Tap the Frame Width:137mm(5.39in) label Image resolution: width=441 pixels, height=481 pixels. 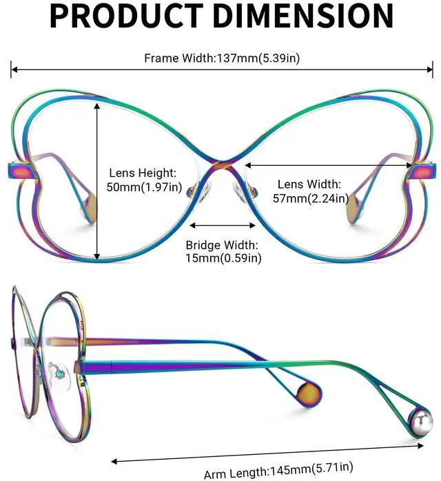222,58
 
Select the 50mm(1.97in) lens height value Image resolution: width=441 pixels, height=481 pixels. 144,186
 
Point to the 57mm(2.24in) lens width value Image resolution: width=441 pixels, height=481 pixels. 309,199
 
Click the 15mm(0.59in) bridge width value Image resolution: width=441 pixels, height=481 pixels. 223,258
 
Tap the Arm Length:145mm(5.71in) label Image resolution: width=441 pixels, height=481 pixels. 278,471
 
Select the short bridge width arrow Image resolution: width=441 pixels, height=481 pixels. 223,224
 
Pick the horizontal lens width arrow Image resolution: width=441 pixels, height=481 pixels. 328,165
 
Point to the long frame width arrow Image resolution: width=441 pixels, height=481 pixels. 221,69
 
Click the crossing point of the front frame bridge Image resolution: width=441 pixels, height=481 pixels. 222,164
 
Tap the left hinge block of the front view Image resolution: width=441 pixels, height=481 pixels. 19,169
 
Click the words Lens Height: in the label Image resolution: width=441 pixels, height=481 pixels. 143,173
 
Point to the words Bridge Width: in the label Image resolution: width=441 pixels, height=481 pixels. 222,245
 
